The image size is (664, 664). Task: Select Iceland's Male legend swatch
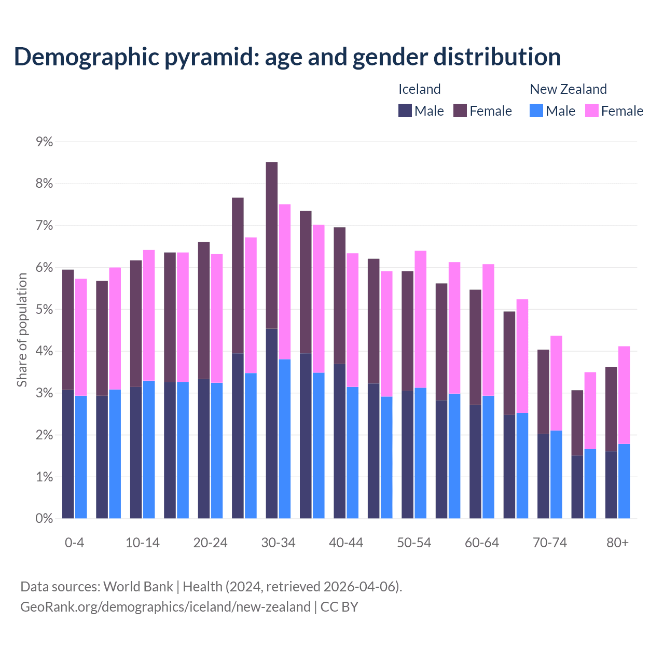click(x=405, y=111)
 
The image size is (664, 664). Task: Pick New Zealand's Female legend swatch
click(x=591, y=111)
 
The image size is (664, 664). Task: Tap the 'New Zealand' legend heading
click(x=568, y=89)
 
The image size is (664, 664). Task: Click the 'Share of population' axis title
click(x=22, y=330)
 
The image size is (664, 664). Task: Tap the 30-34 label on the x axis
click(x=278, y=543)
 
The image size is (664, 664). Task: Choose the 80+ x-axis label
click(x=617, y=543)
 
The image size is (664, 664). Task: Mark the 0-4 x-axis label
click(x=74, y=543)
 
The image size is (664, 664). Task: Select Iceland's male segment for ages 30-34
click(x=272, y=423)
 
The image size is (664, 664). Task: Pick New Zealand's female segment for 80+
click(x=624, y=395)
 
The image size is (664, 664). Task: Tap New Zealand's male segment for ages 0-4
click(x=81, y=457)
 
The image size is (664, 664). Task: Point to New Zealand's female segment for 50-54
click(x=421, y=319)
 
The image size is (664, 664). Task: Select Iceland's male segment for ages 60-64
click(x=475, y=461)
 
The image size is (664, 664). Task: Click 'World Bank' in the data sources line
click(x=138, y=587)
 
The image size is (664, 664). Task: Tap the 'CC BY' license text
click(x=339, y=607)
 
